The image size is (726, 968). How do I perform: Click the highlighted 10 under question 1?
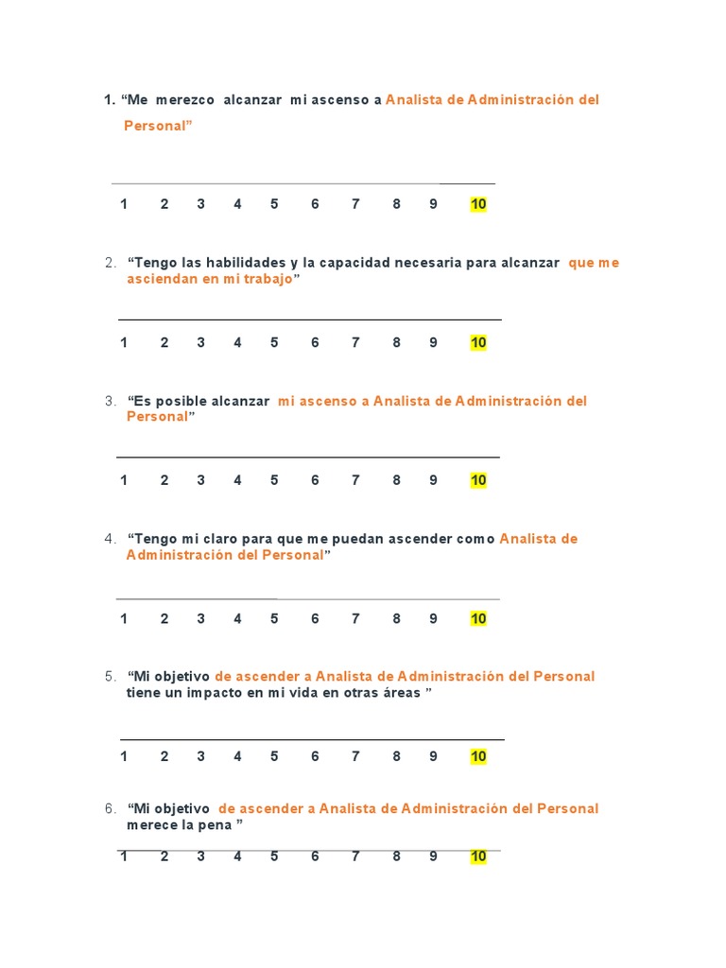478,204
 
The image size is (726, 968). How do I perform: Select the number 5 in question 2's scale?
274,343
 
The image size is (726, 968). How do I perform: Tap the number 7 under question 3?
355,480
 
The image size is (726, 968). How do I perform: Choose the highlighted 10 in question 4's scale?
478,619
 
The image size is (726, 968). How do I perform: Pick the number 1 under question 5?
124,756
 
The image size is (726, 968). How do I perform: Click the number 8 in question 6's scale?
396,856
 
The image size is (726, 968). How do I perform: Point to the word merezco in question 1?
185,100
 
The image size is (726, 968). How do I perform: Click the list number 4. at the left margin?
111,539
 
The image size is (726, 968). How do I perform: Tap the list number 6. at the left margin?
111,808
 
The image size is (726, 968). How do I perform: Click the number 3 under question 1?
200,204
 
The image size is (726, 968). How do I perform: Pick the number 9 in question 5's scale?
433,756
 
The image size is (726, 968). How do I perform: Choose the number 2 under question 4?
164,619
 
